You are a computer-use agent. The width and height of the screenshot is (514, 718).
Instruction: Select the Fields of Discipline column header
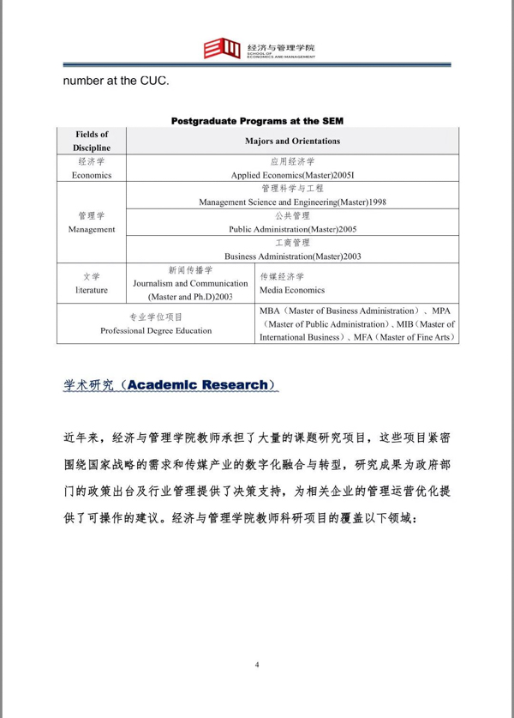coord(92,141)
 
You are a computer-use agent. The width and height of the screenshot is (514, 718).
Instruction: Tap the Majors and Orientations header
coord(292,141)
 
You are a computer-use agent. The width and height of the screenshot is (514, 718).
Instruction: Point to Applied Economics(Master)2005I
coord(292,174)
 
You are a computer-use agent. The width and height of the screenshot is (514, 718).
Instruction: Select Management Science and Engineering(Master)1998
coord(292,202)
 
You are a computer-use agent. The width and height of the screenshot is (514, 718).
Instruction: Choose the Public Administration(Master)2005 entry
coord(292,229)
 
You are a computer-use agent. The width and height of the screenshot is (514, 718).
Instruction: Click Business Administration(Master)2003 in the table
coord(292,256)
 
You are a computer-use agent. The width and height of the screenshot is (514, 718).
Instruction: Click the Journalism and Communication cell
coord(189,283)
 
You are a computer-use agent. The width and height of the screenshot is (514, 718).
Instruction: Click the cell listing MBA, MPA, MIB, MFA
coord(356,323)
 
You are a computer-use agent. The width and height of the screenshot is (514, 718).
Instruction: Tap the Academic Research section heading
coord(171,385)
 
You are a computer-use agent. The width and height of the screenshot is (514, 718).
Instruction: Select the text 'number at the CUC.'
coord(116,82)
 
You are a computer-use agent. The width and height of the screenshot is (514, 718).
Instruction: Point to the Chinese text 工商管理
coord(292,243)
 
